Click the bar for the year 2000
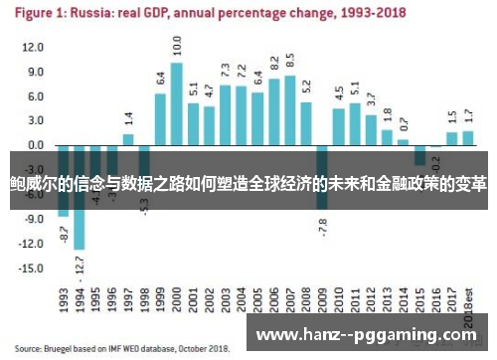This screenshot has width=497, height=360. pyautogui.click(x=176, y=103)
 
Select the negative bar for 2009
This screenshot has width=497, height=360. pyautogui.click(x=322, y=177)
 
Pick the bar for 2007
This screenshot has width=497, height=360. pyautogui.click(x=289, y=110)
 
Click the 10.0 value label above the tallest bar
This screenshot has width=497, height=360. pyautogui.click(x=176, y=46)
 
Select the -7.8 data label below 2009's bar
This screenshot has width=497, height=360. pyautogui.click(x=323, y=226)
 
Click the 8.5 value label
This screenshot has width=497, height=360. pyautogui.click(x=289, y=62)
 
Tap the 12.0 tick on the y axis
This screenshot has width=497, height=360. pyautogui.click(x=34, y=48)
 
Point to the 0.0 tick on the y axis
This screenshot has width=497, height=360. pyautogui.click(x=36, y=145)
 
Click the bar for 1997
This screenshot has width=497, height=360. pyautogui.click(x=128, y=139)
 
